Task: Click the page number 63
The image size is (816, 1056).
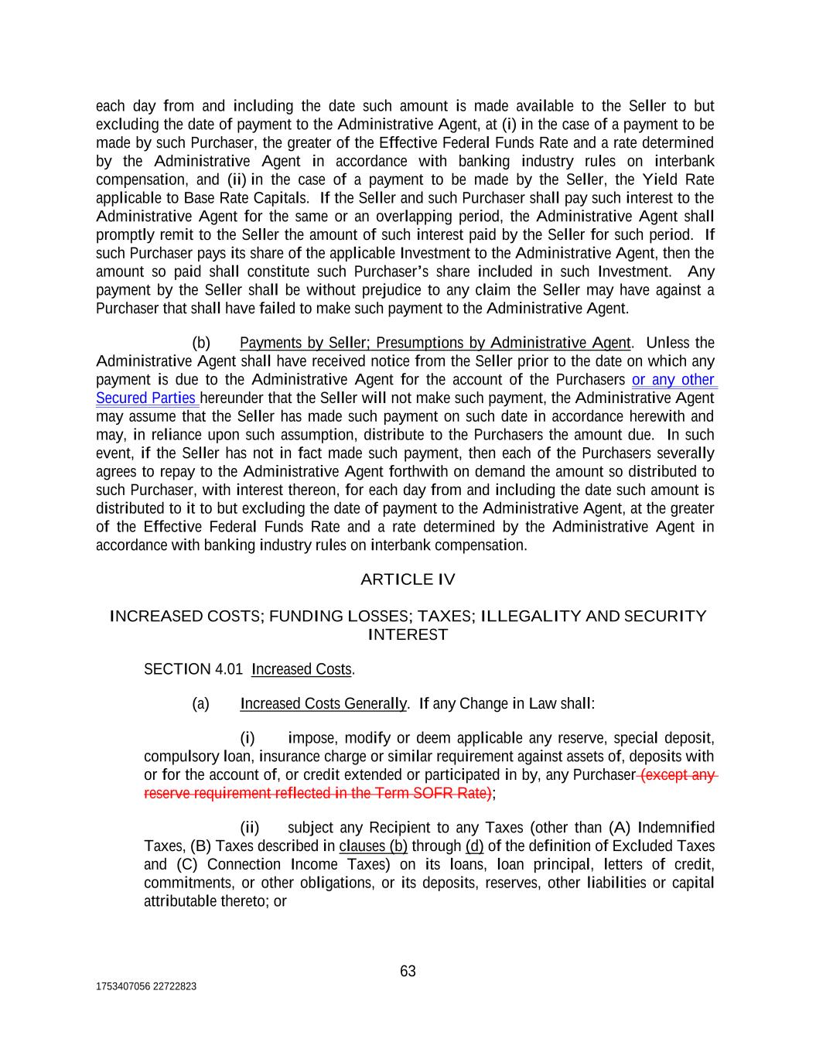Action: click(408, 971)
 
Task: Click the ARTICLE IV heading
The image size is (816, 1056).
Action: click(408, 579)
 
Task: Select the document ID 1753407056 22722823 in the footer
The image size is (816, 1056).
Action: click(145, 986)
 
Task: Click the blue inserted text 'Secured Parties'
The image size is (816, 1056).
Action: click(145, 398)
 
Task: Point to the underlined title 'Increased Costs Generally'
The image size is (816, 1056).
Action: click(323, 704)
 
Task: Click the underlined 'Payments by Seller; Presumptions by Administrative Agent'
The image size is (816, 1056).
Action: click(435, 343)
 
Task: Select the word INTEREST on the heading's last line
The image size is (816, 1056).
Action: click(408, 635)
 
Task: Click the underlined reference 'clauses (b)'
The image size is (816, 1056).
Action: click(373, 846)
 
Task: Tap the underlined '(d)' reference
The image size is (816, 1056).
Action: click(474, 846)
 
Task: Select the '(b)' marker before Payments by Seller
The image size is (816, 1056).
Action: click(201, 343)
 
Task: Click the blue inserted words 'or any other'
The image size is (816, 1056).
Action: click(673, 380)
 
